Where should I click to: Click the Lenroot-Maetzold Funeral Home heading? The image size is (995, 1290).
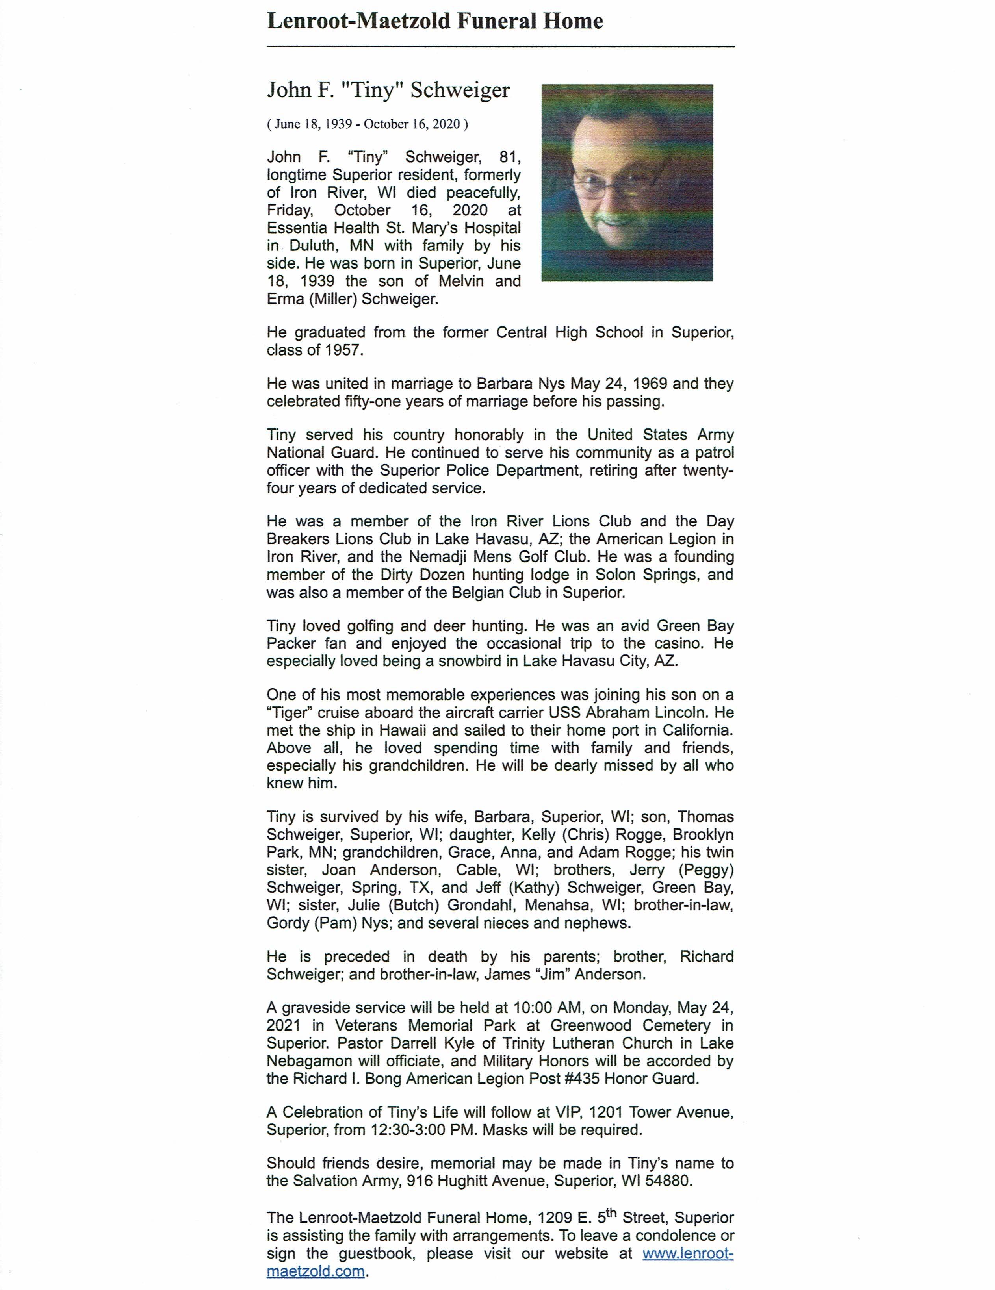tap(435, 21)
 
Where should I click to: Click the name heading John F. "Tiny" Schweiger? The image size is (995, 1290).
tap(388, 90)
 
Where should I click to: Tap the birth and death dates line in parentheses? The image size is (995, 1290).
tap(368, 124)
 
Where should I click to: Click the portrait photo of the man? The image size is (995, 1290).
tap(627, 183)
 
